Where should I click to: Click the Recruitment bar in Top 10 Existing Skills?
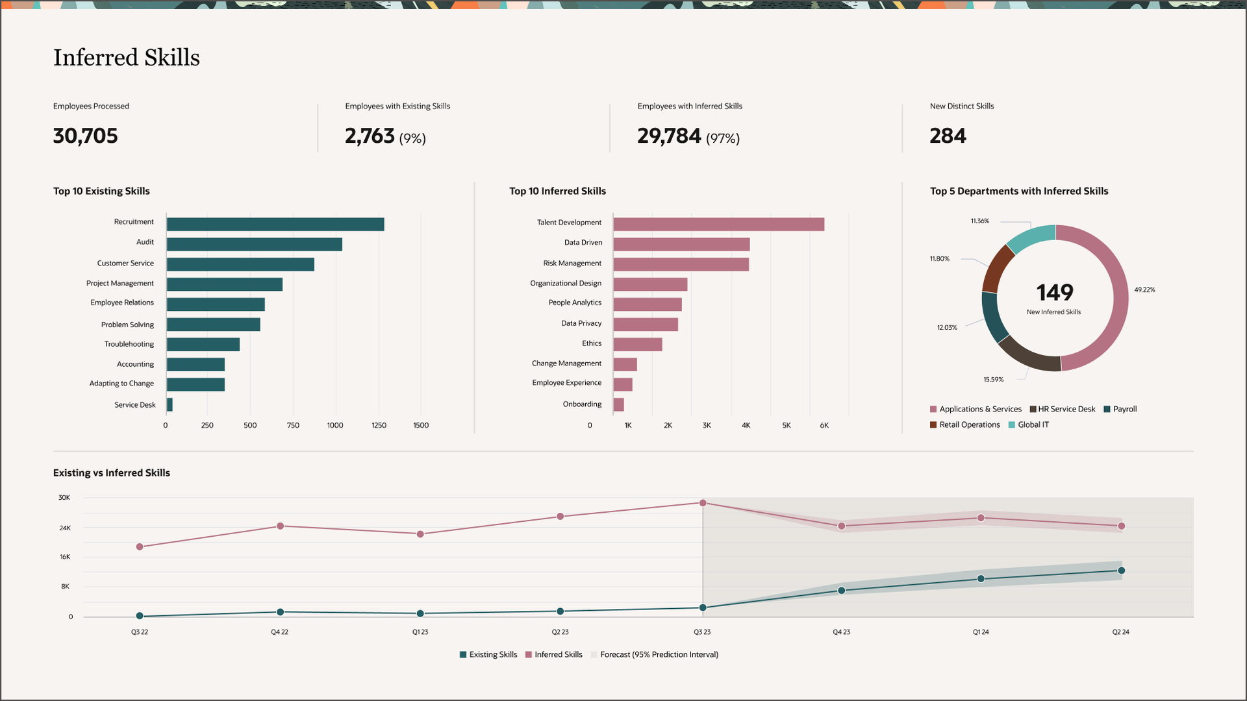pyautogui.click(x=275, y=225)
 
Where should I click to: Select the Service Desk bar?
pyautogui.click(x=170, y=404)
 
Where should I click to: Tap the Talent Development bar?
pyautogui.click(x=718, y=225)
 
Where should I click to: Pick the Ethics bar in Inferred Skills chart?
pyautogui.click(x=637, y=344)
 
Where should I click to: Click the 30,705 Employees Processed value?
pyautogui.click(x=85, y=136)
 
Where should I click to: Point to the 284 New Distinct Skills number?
pyautogui.click(x=948, y=136)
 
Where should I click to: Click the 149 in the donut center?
pyautogui.click(x=1054, y=293)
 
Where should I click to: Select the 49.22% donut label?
pyautogui.click(x=1144, y=290)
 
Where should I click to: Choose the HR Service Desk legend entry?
pyautogui.click(x=1066, y=409)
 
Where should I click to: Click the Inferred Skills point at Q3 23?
pyautogui.click(x=703, y=503)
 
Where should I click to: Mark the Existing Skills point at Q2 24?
pyautogui.click(x=1121, y=571)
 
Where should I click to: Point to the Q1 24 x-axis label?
pyautogui.click(x=981, y=632)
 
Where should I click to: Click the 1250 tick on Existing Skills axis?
pyautogui.click(x=379, y=426)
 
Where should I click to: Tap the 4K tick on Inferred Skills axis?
pyautogui.click(x=746, y=426)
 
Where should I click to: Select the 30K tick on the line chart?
pyautogui.click(x=64, y=498)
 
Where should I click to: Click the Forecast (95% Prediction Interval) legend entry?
pyautogui.click(x=659, y=654)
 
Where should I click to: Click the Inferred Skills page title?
pyautogui.click(x=127, y=58)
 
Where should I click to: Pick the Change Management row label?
pyautogui.click(x=566, y=363)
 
